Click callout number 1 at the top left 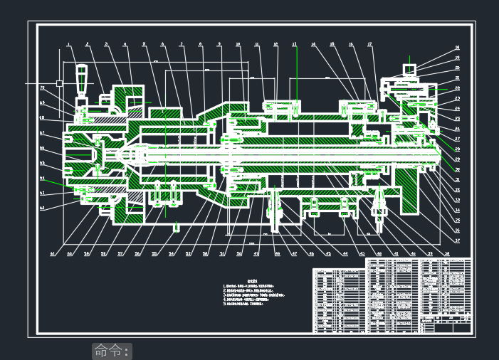click(x=69, y=45)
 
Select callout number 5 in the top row click(x=144, y=45)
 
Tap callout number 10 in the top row click(x=238, y=45)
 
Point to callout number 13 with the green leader click(x=294, y=45)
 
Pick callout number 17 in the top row click(x=370, y=45)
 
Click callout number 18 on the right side click(x=458, y=48)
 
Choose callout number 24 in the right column click(x=458, y=108)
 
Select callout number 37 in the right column click(x=458, y=240)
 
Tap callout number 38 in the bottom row click(x=447, y=253)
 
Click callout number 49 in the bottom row click(x=257, y=253)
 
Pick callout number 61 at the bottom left click(x=52, y=253)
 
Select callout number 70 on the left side click(x=43, y=88)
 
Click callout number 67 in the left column click(x=43, y=133)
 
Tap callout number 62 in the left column click(x=43, y=208)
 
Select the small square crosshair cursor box click(x=59, y=83)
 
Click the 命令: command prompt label click(x=112, y=351)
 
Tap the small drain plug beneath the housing click(x=176, y=228)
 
